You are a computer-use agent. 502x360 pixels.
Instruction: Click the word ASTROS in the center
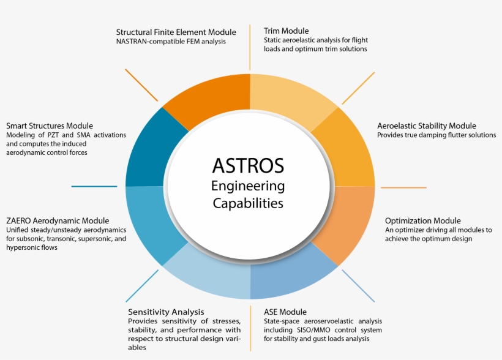click(248, 165)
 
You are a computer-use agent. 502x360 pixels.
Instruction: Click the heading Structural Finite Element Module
click(176, 32)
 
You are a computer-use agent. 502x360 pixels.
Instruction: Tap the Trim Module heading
click(287, 31)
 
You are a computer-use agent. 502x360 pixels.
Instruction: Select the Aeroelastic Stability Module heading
click(427, 126)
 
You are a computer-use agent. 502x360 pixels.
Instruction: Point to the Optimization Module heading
click(423, 220)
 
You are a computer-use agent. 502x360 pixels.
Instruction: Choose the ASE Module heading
click(285, 312)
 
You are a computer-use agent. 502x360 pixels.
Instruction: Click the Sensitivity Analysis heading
click(166, 312)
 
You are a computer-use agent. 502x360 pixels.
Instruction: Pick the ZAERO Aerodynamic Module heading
click(58, 220)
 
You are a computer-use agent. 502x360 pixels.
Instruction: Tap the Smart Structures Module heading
click(50, 126)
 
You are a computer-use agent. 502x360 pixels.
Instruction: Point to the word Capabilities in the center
click(248, 203)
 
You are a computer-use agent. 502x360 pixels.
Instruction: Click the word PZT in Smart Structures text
click(53, 135)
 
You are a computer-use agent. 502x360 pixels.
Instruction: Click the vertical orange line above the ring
click(250, 47)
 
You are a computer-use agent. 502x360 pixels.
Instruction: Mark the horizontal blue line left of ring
click(94, 186)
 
